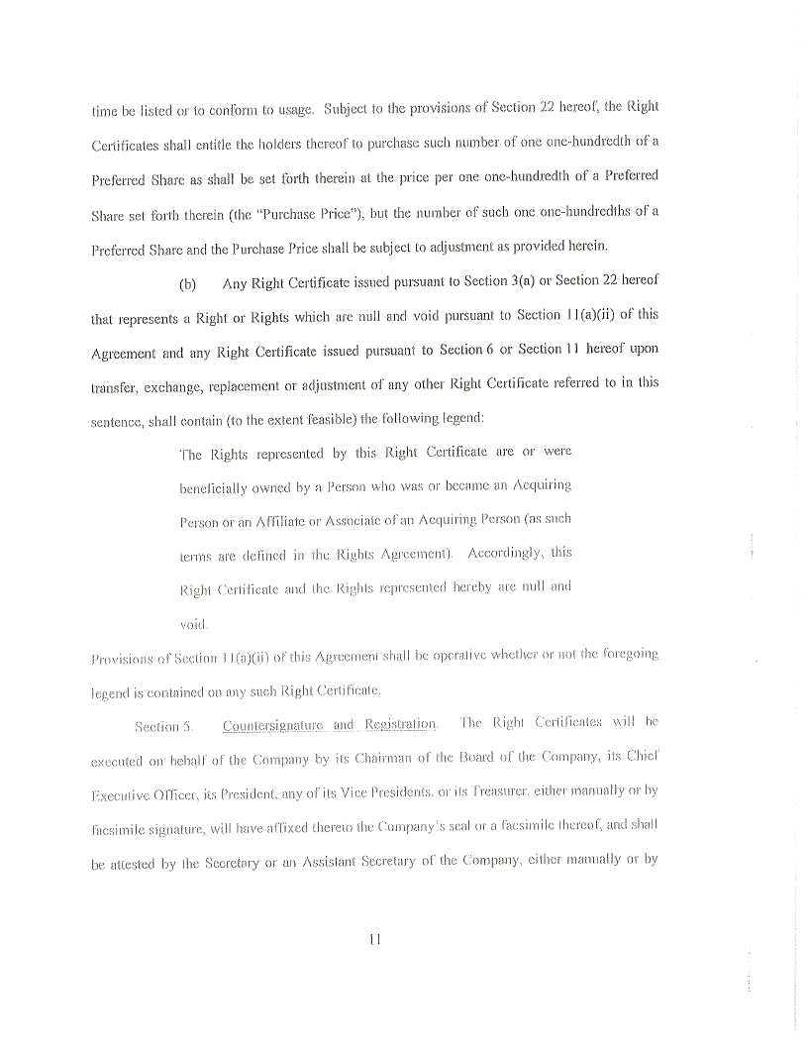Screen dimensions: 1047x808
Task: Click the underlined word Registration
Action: pyautogui.click(x=400, y=725)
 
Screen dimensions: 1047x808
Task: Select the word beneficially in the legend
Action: pyautogui.click(x=216, y=487)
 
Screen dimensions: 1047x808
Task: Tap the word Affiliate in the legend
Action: pyautogui.click(x=283, y=520)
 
